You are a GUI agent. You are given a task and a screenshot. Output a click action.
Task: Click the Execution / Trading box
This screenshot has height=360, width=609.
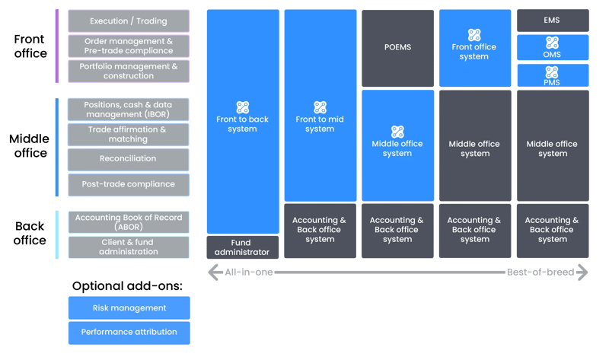tap(128, 21)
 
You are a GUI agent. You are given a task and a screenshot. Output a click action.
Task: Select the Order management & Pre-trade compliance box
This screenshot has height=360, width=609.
tap(128, 46)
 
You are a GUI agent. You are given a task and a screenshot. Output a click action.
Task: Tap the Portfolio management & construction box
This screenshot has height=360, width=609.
tap(128, 71)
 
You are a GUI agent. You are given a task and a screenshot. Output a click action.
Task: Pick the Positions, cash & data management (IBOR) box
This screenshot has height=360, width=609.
tap(128, 109)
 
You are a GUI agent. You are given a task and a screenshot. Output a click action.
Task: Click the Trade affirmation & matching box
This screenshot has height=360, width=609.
tap(128, 134)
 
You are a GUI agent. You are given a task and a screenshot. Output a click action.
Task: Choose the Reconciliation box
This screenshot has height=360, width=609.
tap(128, 159)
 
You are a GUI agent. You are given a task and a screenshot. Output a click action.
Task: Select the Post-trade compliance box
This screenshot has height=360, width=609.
tap(128, 184)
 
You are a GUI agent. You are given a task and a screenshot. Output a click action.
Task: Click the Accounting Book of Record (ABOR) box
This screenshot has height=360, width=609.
tap(128, 221)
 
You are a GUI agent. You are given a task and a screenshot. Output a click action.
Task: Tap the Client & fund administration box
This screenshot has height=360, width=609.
tap(128, 247)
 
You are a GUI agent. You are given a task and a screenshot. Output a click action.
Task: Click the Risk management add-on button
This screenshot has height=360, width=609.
tap(129, 307)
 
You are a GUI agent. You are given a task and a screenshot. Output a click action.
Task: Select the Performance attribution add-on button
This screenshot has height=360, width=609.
tap(129, 332)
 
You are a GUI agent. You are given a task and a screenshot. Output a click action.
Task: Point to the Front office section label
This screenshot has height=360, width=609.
tap(30, 46)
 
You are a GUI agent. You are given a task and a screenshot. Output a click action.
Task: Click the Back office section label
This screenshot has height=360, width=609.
tap(30, 233)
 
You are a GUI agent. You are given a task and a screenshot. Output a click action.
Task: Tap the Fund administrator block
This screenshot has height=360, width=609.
tap(242, 247)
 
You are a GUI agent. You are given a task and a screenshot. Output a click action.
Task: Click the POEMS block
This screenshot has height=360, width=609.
tap(397, 47)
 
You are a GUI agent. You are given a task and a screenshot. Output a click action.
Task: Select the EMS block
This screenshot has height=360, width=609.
tap(553, 20)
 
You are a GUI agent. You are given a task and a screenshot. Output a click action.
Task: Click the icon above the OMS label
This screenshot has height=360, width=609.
tap(553, 42)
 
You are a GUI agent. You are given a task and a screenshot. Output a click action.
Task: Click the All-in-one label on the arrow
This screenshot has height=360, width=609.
tap(249, 272)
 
